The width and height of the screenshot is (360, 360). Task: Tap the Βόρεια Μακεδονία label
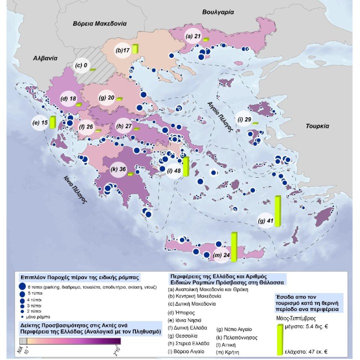tap(99, 23)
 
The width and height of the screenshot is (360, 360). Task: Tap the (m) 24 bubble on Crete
tap(220, 256)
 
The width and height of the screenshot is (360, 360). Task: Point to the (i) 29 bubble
tap(244, 119)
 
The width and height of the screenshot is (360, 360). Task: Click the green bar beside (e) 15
tap(52, 121)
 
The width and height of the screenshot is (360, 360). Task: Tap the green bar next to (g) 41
tap(278, 212)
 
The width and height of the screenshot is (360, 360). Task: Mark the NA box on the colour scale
tap(22, 341)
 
